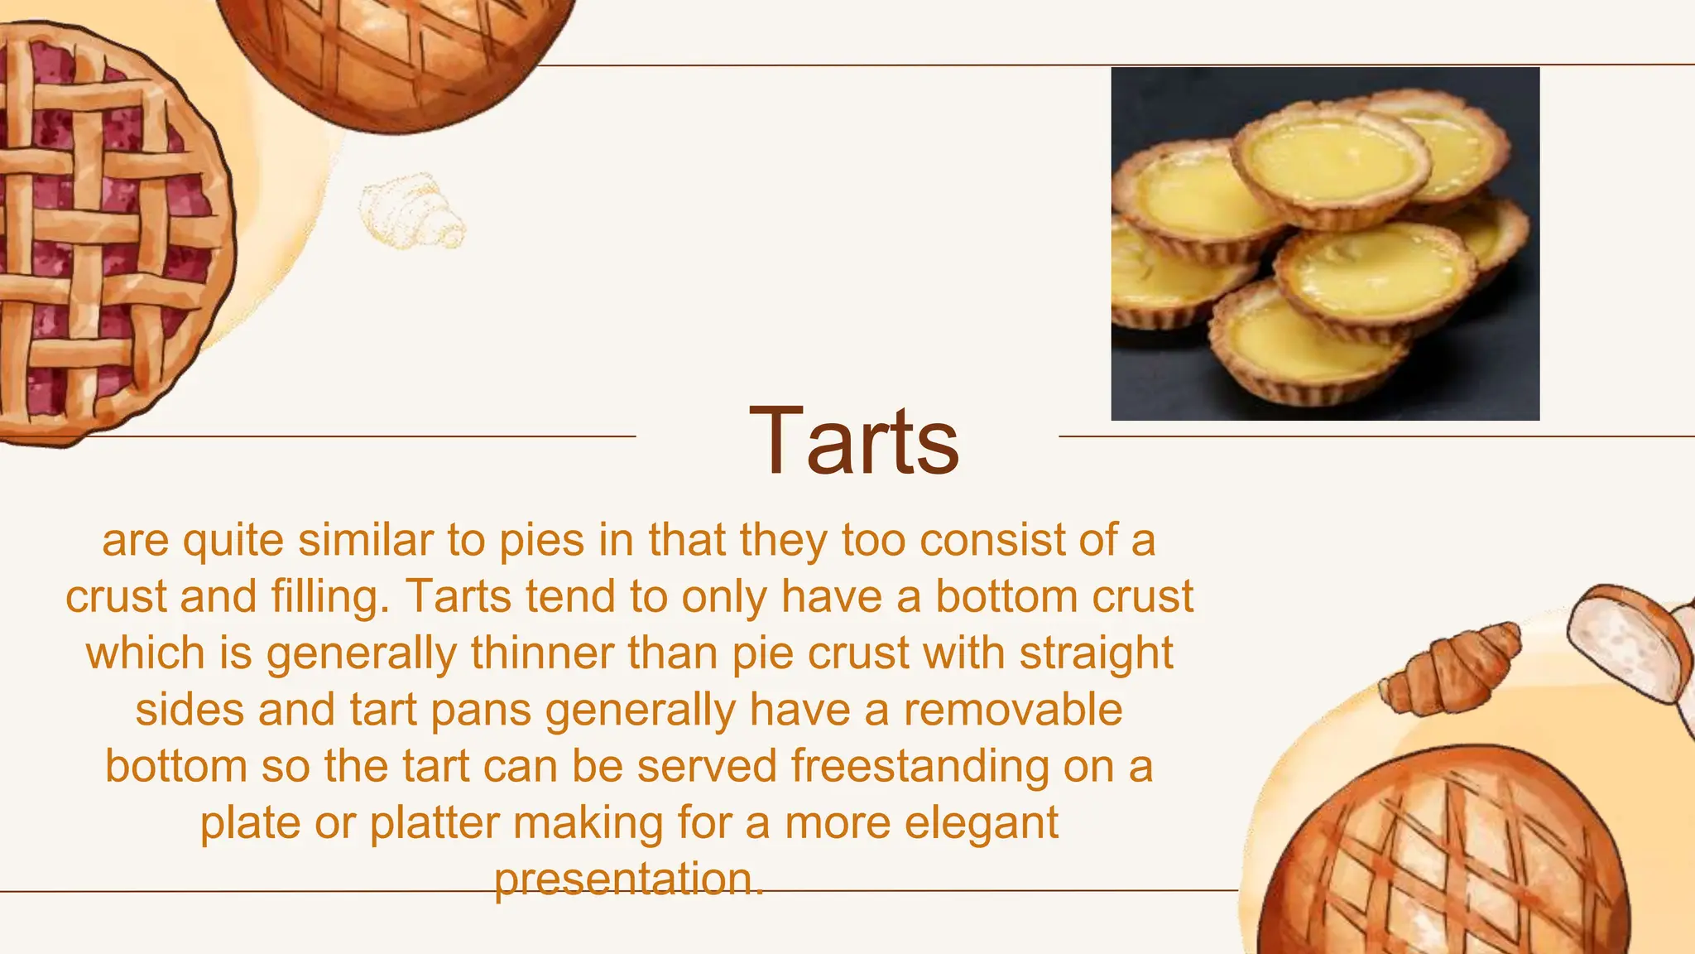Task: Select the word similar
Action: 366,540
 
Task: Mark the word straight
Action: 1096,653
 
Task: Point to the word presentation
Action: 628,879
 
